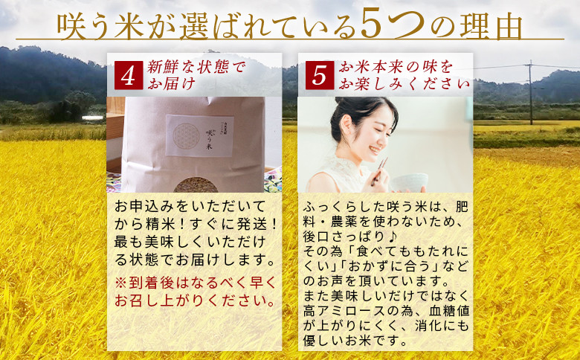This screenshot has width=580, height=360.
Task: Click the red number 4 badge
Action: tap(129, 75)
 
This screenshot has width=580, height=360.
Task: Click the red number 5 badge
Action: tap(320, 75)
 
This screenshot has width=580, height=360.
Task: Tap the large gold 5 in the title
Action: tap(375, 25)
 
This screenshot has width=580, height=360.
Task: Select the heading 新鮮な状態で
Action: tap(196, 68)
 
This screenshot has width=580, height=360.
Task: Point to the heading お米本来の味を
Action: tap(396, 68)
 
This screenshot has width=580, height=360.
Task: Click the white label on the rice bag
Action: tap(199, 135)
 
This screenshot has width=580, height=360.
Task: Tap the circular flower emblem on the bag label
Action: tap(186, 136)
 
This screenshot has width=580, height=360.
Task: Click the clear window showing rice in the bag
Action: tap(196, 185)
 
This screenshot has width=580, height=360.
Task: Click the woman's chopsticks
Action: tap(380, 171)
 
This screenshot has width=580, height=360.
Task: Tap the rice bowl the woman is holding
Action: tap(410, 182)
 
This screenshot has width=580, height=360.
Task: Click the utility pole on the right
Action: tap(531, 92)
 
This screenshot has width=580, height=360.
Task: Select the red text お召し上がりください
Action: tap(195, 300)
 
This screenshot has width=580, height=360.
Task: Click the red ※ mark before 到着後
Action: tap(121, 283)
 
